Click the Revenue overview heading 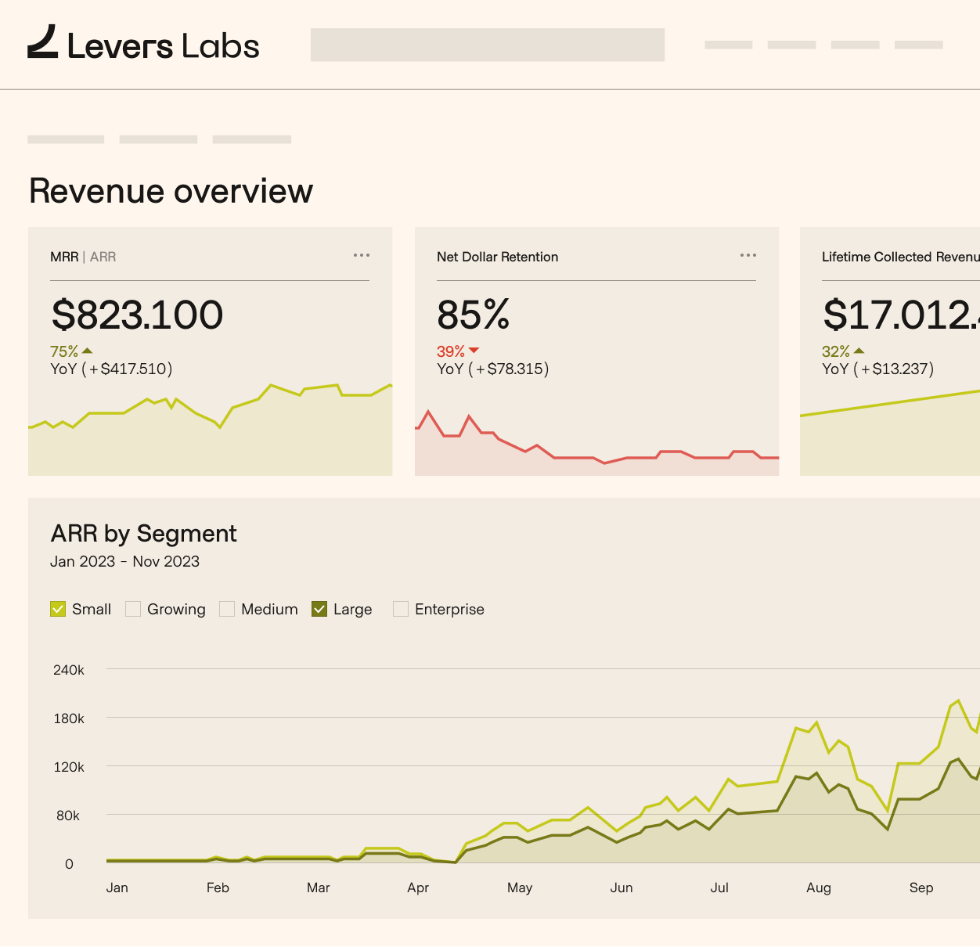(x=171, y=191)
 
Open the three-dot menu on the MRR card (x=361, y=255)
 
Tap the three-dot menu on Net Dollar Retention (x=748, y=255)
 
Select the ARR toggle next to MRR (x=103, y=257)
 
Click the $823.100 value (x=137, y=315)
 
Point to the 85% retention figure (x=473, y=315)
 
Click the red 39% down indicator (x=457, y=351)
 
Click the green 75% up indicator (x=70, y=351)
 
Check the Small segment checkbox (x=58, y=609)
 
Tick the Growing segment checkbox (x=133, y=609)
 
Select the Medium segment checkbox (x=227, y=609)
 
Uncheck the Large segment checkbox (x=319, y=609)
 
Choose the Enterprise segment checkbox (x=401, y=609)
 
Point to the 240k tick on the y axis (x=69, y=670)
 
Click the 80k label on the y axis (x=68, y=816)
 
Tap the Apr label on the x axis (x=418, y=888)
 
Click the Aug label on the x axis (x=818, y=888)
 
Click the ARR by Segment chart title (x=143, y=534)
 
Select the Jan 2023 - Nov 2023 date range (x=124, y=561)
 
